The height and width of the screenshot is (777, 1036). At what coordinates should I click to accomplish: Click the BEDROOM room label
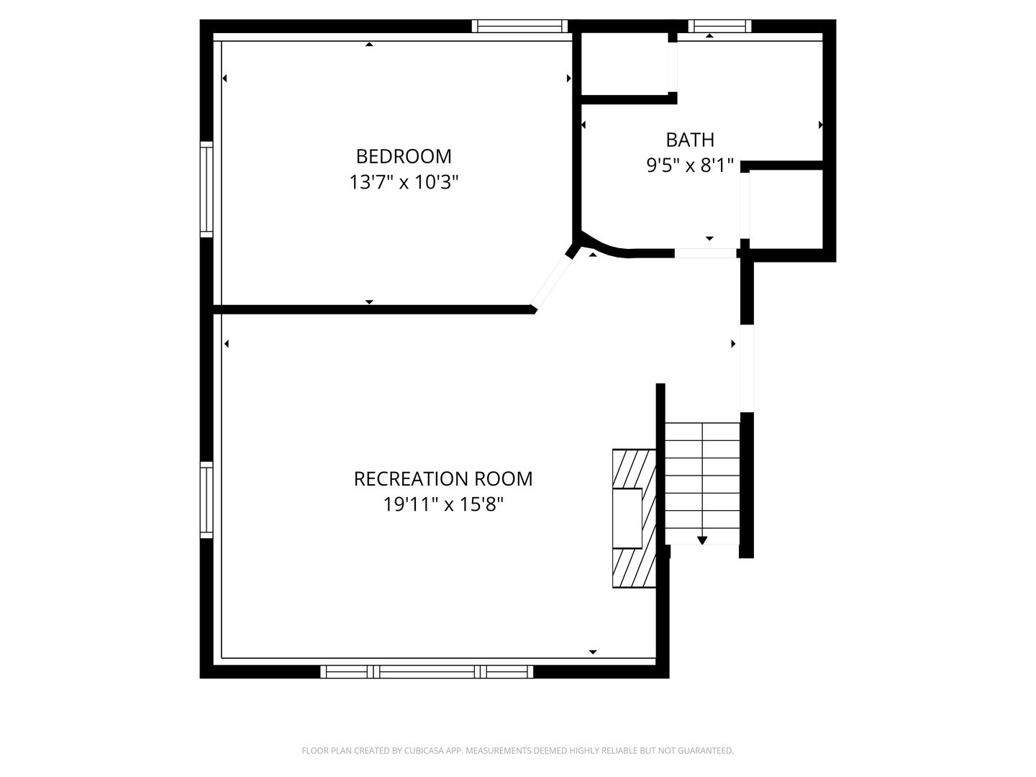point(404,157)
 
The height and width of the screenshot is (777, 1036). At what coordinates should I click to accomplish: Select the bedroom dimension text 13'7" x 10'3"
point(404,182)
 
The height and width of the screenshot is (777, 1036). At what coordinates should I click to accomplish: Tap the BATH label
point(689,140)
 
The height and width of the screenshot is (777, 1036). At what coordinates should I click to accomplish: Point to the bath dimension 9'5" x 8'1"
point(689,165)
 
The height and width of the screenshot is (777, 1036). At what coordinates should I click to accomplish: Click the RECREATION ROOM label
point(443,479)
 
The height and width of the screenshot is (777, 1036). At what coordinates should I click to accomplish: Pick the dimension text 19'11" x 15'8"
point(443,505)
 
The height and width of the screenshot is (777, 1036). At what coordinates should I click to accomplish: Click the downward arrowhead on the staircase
point(702,540)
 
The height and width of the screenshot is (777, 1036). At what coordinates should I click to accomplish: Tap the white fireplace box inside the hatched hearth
point(627,518)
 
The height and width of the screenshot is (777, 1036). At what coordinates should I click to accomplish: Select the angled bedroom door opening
point(551,281)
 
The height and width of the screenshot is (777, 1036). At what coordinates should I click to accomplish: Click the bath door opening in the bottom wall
point(705,253)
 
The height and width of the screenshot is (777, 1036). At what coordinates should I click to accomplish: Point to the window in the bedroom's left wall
point(206,190)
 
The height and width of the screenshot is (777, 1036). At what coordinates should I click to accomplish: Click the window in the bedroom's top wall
point(519,26)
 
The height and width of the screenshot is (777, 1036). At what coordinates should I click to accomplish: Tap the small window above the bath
point(719,26)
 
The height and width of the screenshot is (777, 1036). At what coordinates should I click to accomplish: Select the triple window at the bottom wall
point(427,671)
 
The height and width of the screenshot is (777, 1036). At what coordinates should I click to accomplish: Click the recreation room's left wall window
point(206,500)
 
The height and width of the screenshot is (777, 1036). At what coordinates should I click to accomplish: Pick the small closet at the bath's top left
point(624,64)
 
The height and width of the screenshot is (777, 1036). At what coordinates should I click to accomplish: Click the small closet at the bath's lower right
point(786,209)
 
